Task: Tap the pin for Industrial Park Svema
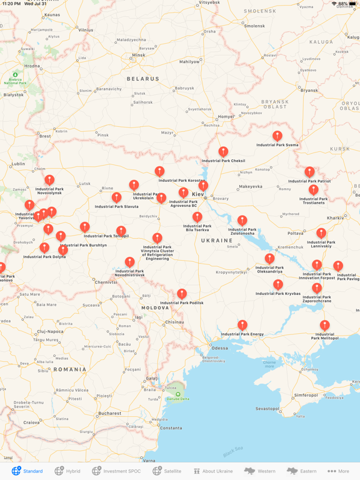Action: [x=277, y=136]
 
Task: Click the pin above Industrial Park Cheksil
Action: [x=223, y=151]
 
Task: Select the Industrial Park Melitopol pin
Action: [x=324, y=325]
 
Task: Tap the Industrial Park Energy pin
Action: [x=242, y=325]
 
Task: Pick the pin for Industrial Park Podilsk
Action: [x=181, y=293]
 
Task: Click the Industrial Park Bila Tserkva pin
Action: [x=197, y=216]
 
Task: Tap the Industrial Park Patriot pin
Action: [x=309, y=171]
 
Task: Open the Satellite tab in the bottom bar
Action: [x=167, y=471]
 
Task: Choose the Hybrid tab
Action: [x=67, y=471]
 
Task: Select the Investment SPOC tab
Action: [x=116, y=471]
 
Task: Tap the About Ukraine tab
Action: [x=212, y=471]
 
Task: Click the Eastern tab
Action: [x=301, y=471]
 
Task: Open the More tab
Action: [x=339, y=471]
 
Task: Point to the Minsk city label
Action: [x=138, y=55]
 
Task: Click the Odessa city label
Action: [x=220, y=347]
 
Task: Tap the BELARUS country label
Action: [x=143, y=79]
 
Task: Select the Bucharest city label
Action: [x=109, y=413]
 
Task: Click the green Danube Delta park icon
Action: [x=178, y=394]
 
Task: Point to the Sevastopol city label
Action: [x=267, y=409]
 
